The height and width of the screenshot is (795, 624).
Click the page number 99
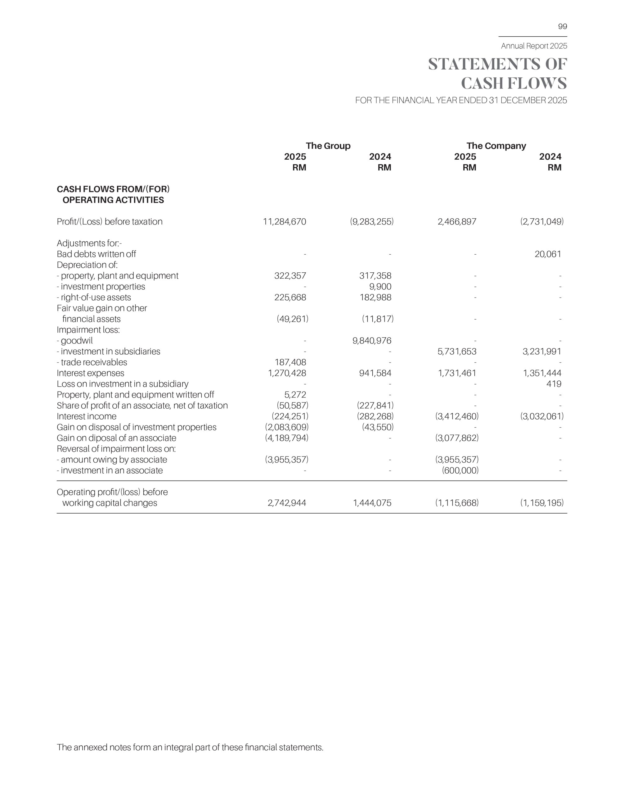pos(562,26)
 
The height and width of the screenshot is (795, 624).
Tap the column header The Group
pos(328,146)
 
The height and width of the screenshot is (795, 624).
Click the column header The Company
pos(496,146)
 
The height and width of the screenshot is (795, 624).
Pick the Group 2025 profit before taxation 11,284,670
pos(284,222)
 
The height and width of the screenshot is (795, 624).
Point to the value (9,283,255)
pos(371,222)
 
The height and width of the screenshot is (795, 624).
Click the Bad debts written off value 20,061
pos(547,254)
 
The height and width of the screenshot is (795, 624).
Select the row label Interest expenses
pos(90,373)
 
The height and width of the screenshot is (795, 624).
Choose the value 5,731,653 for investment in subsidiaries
pos(457,352)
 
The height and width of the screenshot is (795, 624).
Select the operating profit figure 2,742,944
pos(286,503)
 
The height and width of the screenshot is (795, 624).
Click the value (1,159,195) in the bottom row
pos(541,503)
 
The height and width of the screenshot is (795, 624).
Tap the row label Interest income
pos(86,416)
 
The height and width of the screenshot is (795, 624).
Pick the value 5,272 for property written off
pos(295,395)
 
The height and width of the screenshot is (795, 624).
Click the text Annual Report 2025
pos(534,46)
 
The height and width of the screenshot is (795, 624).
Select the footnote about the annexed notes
pos(190,747)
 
